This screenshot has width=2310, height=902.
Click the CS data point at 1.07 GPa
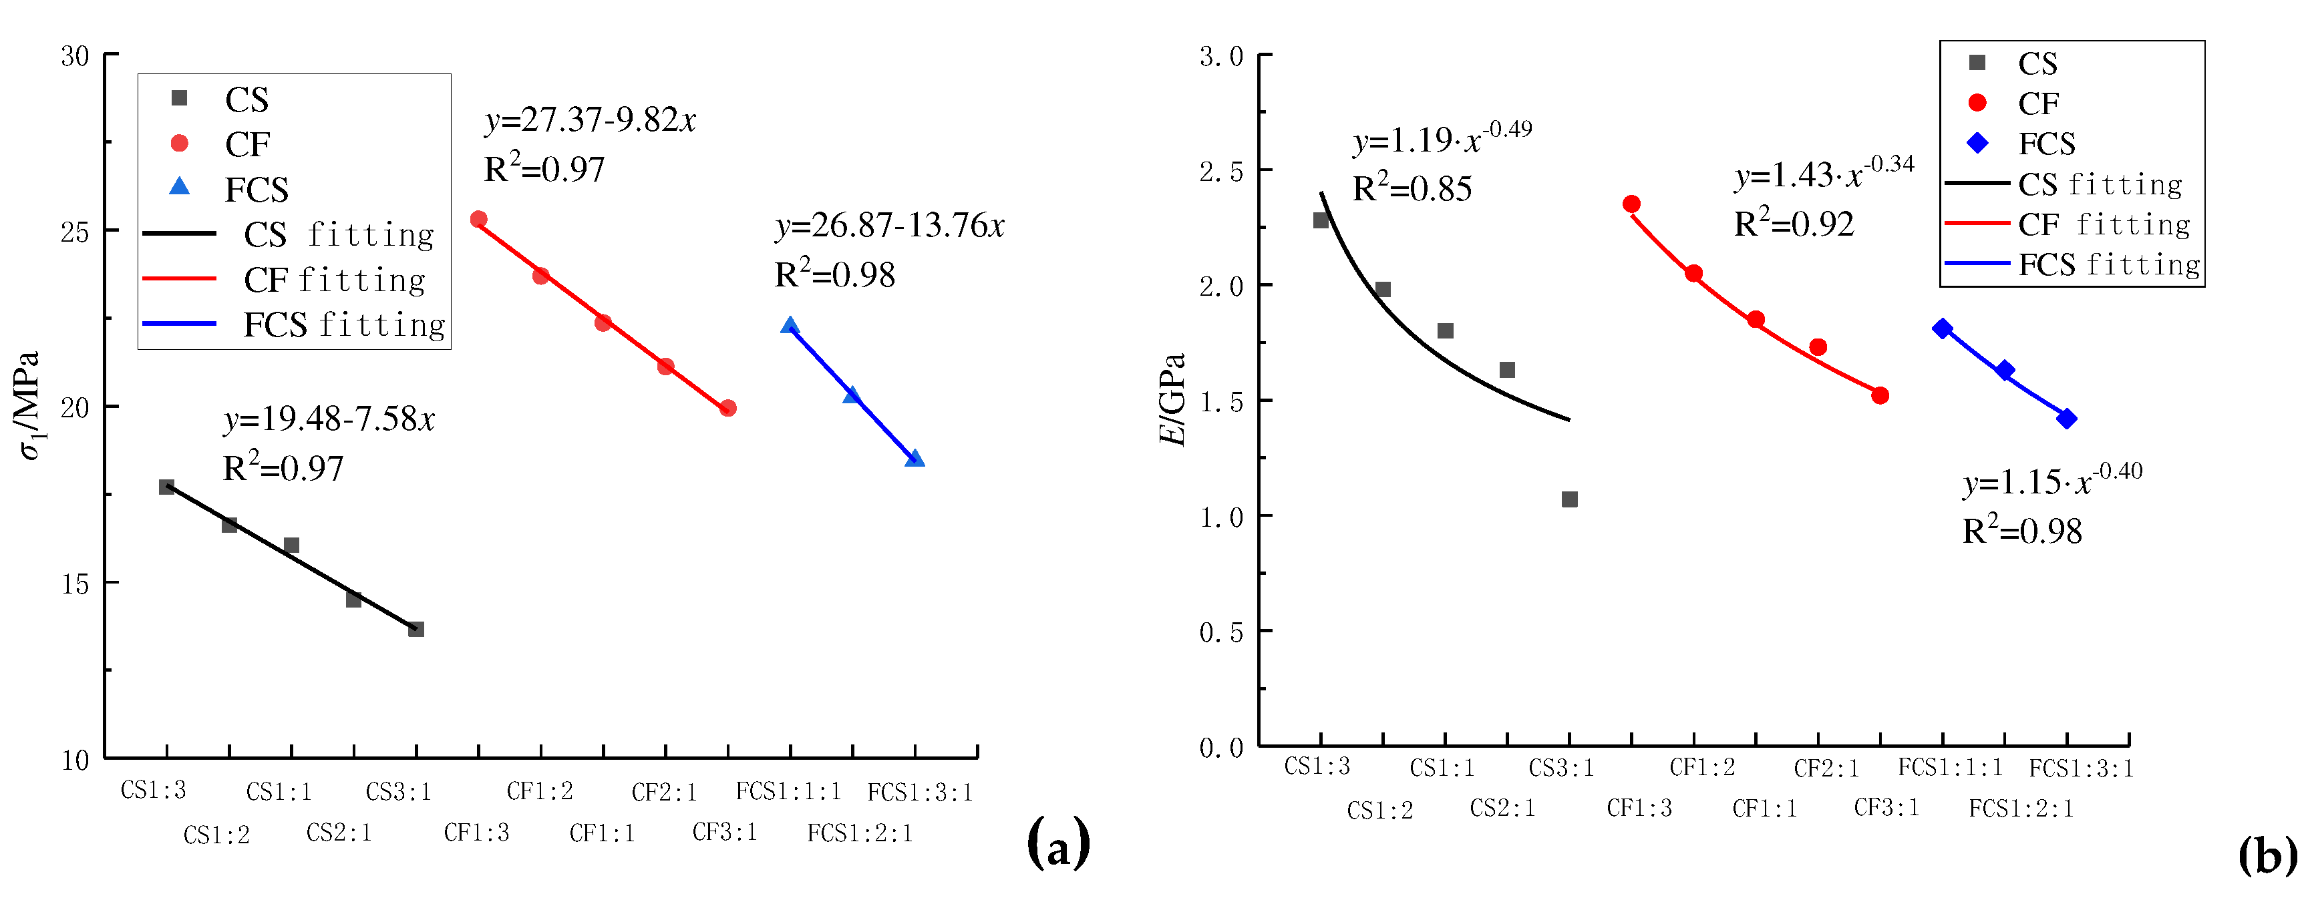point(1569,499)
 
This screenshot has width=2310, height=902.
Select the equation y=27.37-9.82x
point(590,120)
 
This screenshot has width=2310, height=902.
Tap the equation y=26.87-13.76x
point(890,226)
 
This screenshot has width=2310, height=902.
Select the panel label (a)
point(1057,843)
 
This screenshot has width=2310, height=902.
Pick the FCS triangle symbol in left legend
point(179,186)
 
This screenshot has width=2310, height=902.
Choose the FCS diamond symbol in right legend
point(1977,144)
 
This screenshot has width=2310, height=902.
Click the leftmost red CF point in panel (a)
point(479,220)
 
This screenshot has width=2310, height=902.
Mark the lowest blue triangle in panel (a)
point(915,458)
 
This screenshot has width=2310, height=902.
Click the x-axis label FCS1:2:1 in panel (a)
point(859,834)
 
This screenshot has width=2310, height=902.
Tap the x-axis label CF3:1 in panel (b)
point(1886,808)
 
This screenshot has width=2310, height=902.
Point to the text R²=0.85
point(1412,189)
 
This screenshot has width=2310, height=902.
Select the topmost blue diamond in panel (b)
point(1943,329)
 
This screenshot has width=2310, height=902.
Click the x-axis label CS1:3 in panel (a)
point(154,791)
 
